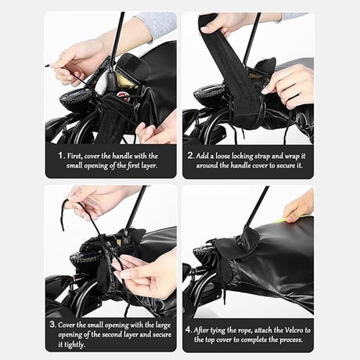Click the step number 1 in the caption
(60, 156)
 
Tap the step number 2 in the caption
(190, 156)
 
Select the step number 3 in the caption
(52, 325)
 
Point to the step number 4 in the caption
(189, 329)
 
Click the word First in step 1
(75, 156)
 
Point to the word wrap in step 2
(292, 157)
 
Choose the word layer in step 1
(149, 166)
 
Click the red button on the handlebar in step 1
(121, 95)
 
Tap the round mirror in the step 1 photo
(77, 97)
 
